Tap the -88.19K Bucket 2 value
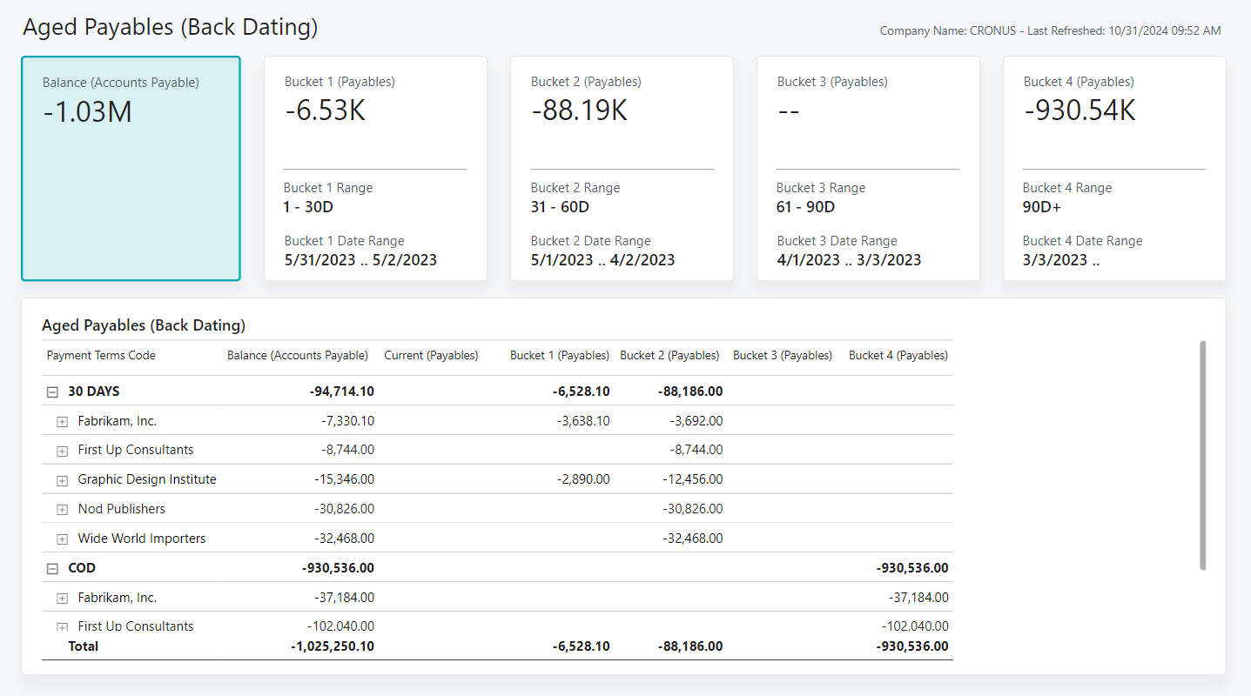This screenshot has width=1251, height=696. click(x=579, y=110)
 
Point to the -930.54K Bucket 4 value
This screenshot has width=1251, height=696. click(x=1079, y=110)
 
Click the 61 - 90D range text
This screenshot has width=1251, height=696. click(x=805, y=207)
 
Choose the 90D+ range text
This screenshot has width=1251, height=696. click(x=1041, y=207)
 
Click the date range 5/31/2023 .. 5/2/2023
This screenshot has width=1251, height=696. click(x=360, y=260)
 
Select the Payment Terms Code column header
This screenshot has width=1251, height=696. click(x=101, y=355)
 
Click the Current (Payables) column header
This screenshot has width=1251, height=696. click(x=431, y=355)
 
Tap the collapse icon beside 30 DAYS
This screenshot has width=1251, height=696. click(x=52, y=392)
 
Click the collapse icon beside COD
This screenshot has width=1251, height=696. click(x=52, y=568)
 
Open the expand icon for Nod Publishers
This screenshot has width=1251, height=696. click(x=62, y=509)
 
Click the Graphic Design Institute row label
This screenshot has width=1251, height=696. click(x=147, y=479)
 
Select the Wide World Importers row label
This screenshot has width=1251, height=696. click(x=142, y=539)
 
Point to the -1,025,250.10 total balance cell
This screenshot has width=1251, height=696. click(x=332, y=646)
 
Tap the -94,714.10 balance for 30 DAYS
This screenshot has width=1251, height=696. click(x=341, y=391)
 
